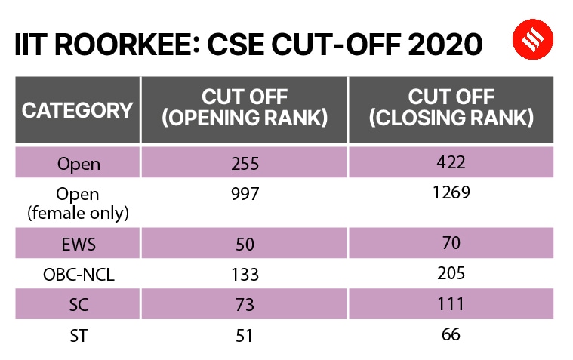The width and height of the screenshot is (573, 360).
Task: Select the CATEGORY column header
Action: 77,110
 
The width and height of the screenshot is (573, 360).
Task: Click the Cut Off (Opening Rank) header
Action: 245,109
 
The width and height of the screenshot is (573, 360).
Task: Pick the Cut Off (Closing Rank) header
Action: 451,109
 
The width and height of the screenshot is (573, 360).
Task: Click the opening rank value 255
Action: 245,162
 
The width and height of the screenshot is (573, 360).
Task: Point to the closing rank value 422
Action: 451,162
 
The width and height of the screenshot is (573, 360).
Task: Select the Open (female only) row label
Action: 78,204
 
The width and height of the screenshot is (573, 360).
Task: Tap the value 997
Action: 245,195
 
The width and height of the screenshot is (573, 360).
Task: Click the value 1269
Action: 451,193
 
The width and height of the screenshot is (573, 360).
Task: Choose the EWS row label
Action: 78,245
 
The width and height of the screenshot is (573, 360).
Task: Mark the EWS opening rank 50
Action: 245,245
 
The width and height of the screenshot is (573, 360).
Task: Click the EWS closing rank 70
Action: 451,245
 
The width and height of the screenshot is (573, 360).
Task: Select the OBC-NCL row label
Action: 78,275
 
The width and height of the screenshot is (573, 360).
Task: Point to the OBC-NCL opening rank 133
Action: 245,275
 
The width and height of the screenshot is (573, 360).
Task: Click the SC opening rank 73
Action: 245,305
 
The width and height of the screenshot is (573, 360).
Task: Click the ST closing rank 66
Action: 451,334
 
